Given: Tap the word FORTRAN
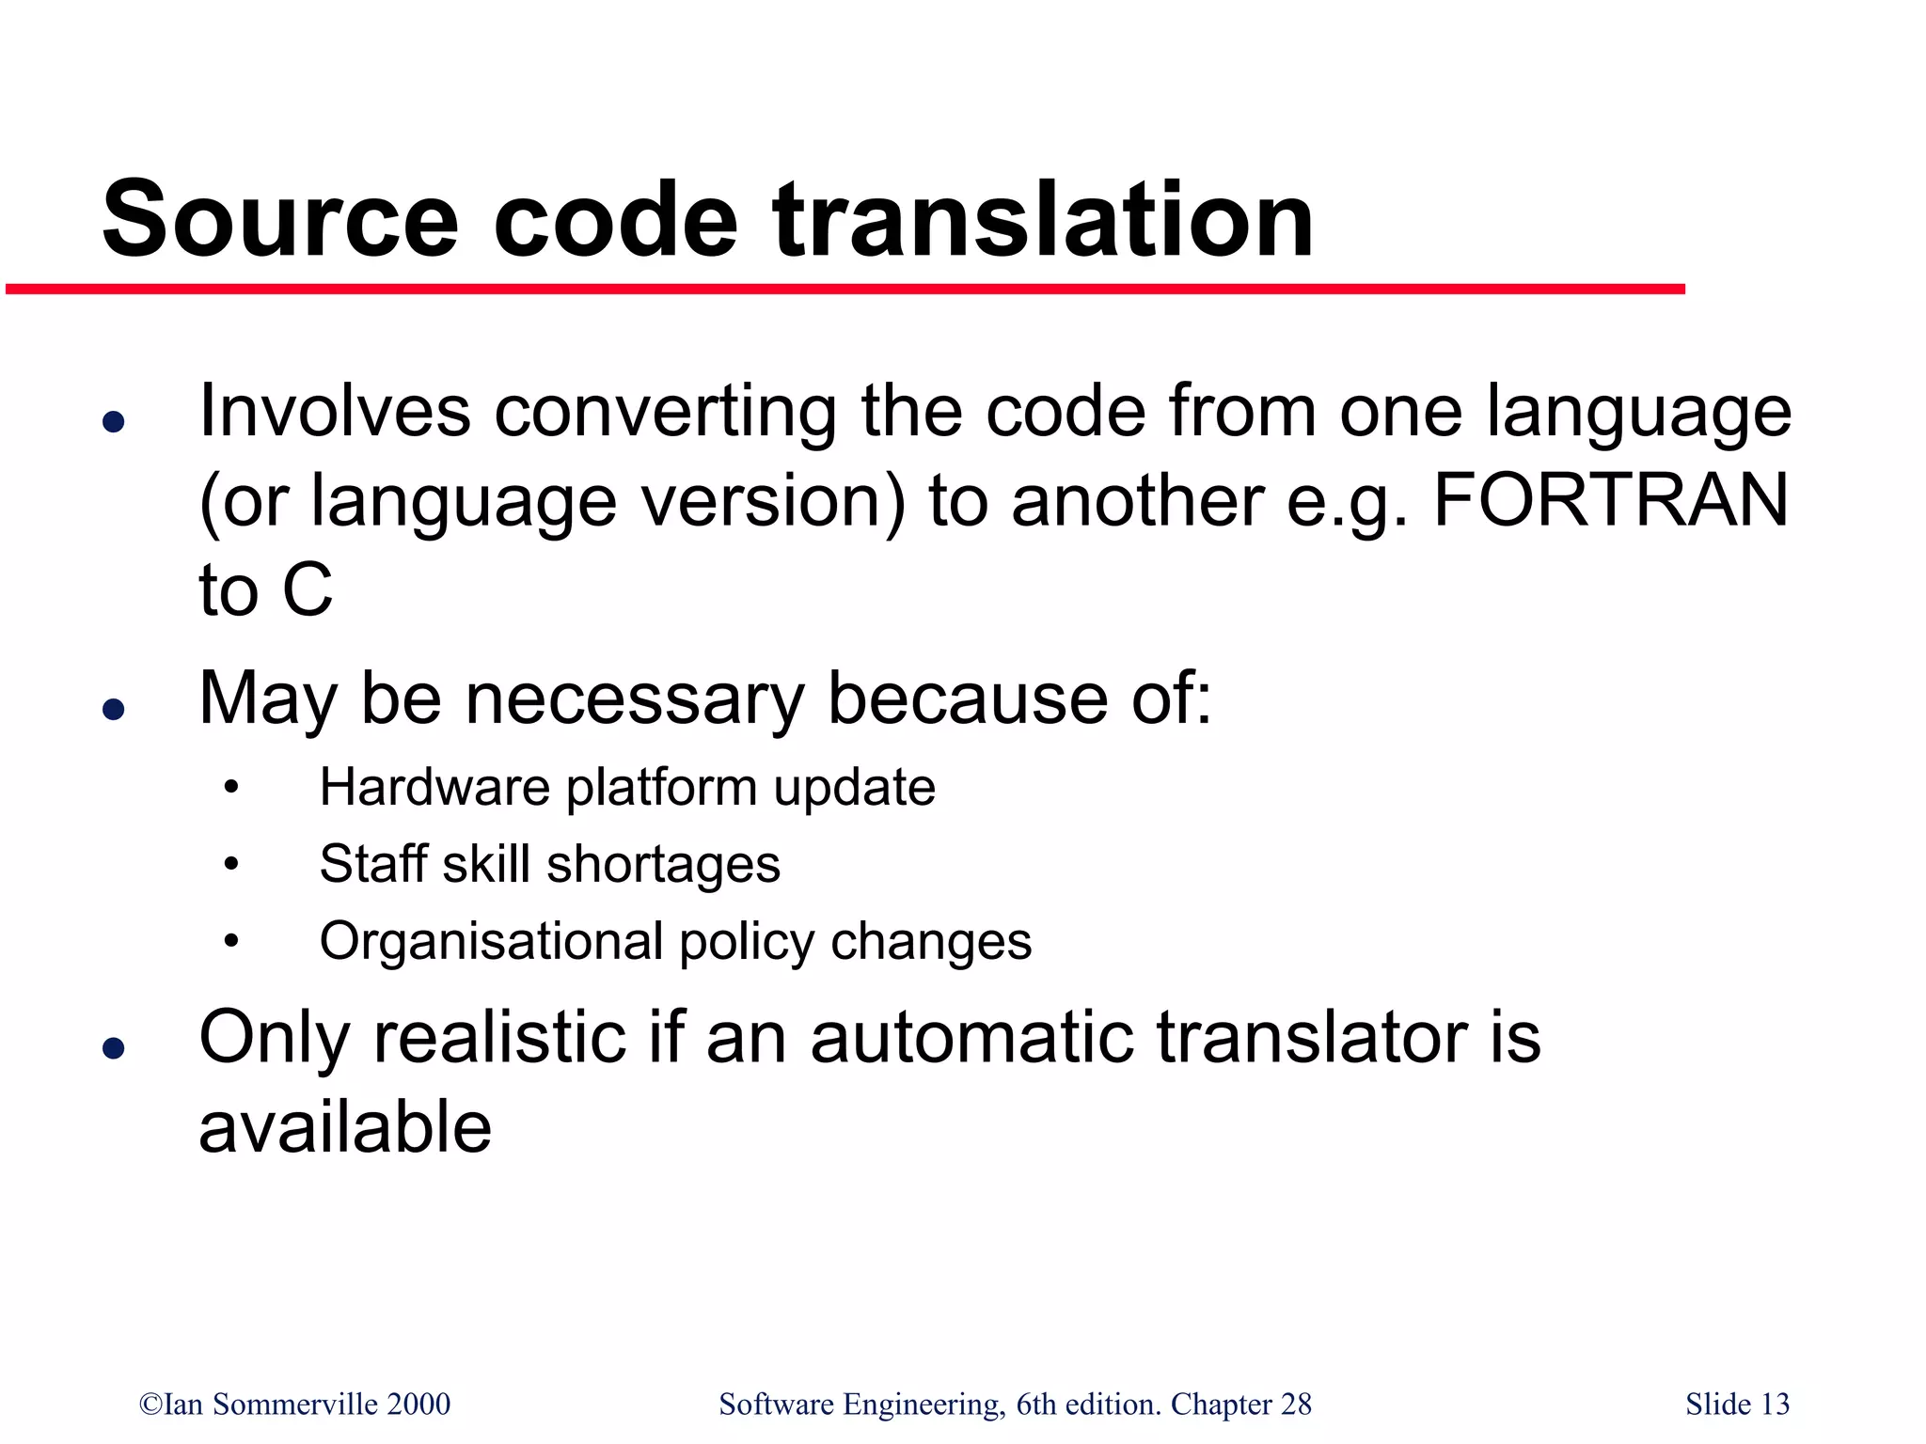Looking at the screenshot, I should [x=1610, y=500].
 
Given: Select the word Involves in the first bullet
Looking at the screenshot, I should [x=335, y=412].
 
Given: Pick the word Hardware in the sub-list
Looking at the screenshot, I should [x=434, y=787].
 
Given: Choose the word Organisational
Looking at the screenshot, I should [x=491, y=942].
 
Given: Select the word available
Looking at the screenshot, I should [x=345, y=1127].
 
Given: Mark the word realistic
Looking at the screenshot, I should [x=499, y=1038].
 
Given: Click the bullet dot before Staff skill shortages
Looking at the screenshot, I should [x=231, y=864].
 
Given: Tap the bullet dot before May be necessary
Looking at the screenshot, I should [x=114, y=709].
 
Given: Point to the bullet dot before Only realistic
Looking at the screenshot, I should [x=114, y=1047].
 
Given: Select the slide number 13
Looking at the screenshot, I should [x=1775, y=1404].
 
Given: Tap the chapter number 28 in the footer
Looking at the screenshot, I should [x=1296, y=1404].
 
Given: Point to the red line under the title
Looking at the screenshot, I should [x=846, y=290].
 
